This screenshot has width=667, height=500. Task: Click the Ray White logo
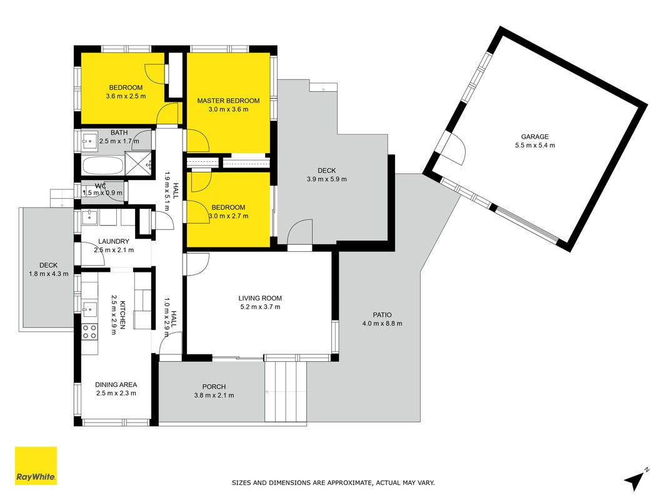pyautogui.click(x=36, y=466)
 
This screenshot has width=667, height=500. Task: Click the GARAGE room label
pyautogui.click(x=534, y=136)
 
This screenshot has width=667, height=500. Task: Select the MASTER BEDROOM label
pyautogui.click(x=228, y=101)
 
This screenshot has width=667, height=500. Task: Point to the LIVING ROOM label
pyautogui.click(x=260, y=298)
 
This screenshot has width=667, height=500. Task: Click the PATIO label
pyautogui.click(x=382, y=314)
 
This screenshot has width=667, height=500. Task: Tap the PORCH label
pyautogui.click(x=214, y=386)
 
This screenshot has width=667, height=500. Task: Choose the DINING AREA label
pyautogui.click(x=116, y=384)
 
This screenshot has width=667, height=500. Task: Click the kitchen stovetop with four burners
pyautogui.click(x=90, y=331)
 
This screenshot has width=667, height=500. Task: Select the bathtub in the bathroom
pyautogui.click(x=103, y=166)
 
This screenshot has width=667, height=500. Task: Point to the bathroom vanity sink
pyautogui.click(x=89, y=141)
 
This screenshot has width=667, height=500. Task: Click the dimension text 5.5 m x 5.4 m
pyautogui.click(x=534, y=145)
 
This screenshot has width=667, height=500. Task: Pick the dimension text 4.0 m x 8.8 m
pyautogui.click(x=382, y=323)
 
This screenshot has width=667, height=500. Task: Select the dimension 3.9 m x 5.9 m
pyautogui.click(x=327, y=179)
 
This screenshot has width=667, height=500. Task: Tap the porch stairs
pyautogui.click(x=286, y=392)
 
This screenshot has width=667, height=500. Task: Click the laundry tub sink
pyautogui.click(x=90, y=217)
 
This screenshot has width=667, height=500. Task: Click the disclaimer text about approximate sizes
pyautogui.click(x=333, y=482)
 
